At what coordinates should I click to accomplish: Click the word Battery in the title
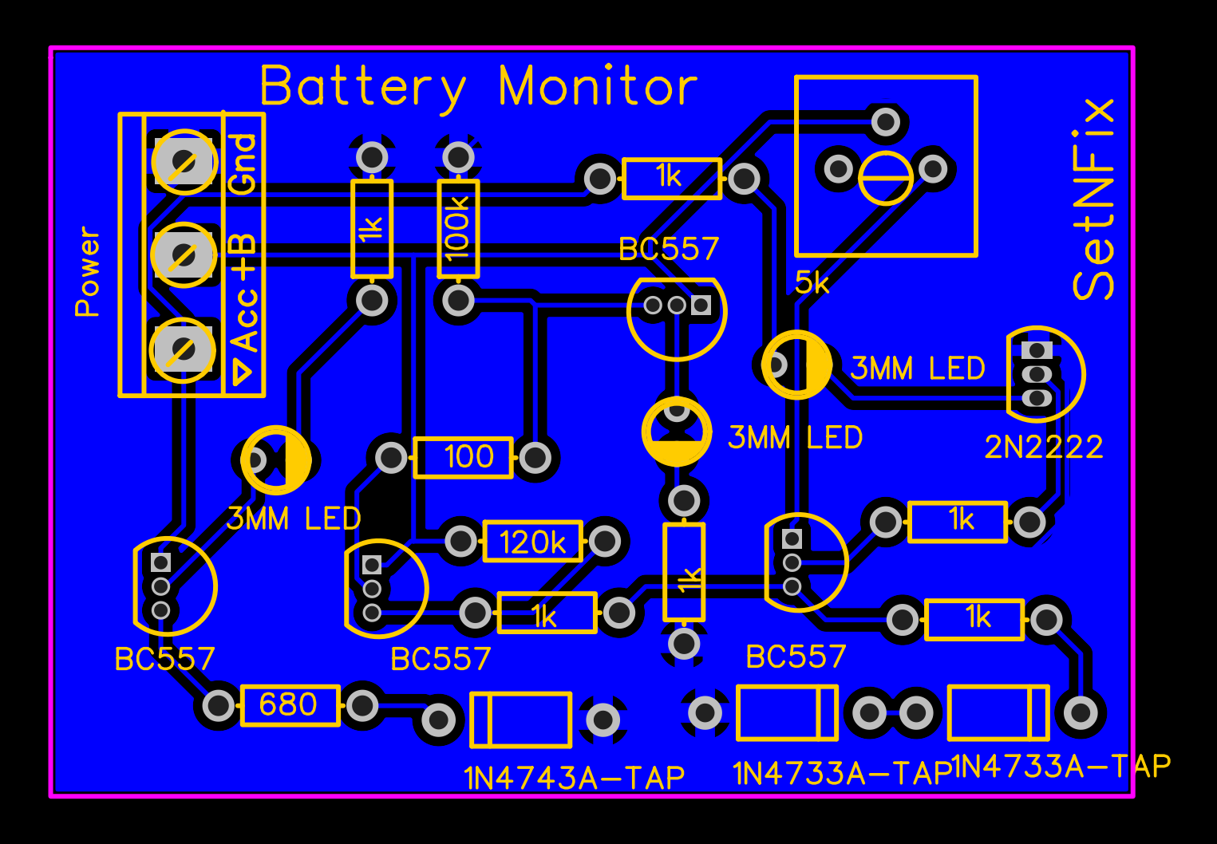[x=362, y=87]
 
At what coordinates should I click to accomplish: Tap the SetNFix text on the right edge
[x=1093, y=199]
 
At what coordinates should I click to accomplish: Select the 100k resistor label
[x=458, y=229]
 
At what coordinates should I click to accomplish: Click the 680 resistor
[x=290, y=705]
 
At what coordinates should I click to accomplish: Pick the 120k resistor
[x=532, y=542]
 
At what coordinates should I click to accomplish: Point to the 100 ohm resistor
[x=463, y=457]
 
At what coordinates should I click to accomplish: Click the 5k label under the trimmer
[x=812, y=282]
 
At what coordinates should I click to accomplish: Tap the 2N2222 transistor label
[x=1044, y=448]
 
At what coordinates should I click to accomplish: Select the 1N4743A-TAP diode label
[x=574, y=778]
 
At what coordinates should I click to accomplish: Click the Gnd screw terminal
[x=184, y=162]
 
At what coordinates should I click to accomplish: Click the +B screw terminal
[x=184, y=255]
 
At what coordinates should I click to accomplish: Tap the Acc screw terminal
[x=183, y=349]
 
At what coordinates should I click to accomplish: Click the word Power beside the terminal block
[x=88, y=272]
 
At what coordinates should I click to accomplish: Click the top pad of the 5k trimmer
[x=886, y=122]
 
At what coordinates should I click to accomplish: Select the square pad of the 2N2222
[x=1037, y=349]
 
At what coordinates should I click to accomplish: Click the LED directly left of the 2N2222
[x=796, y=365]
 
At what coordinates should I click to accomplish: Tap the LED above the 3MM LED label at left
[x=276, y=459]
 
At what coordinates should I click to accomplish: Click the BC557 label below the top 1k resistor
[x=669, y=250]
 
